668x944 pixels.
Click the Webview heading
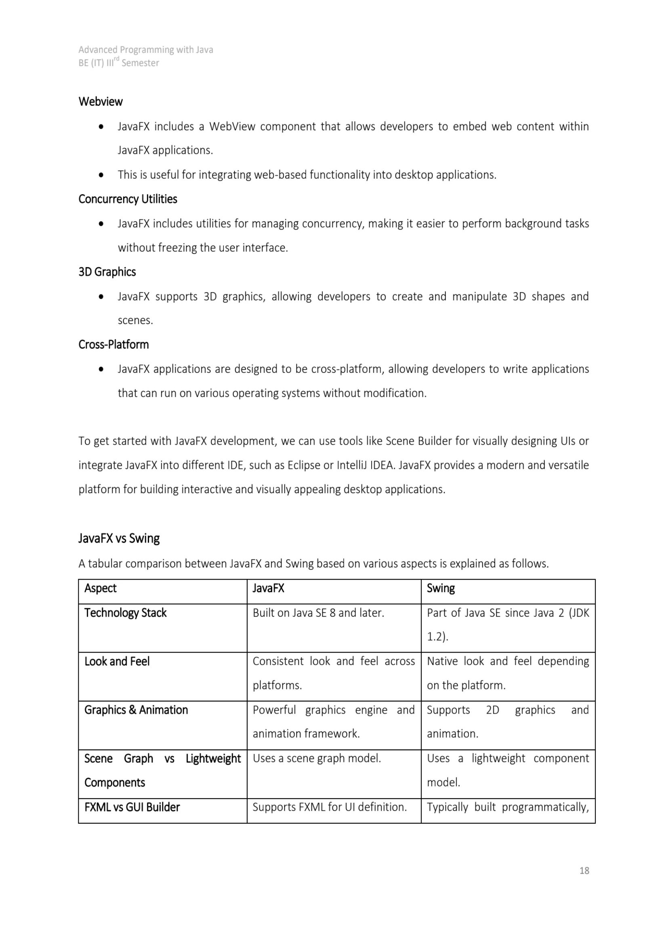tap(101, 102)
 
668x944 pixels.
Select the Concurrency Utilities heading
tap(128, 199)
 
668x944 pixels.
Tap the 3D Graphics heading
tap(107, 272)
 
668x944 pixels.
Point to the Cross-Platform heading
tap(113, 345)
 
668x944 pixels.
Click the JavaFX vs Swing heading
tap(119, 538)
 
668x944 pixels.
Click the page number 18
tap(584, 871)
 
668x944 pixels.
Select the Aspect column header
tap(101, 588)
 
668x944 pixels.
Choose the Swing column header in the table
tap(441, 588)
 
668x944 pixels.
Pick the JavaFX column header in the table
tap(268, 588)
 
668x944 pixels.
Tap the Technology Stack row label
tap(126, 613)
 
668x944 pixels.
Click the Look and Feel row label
tap(117, 661)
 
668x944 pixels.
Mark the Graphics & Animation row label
tap(136, 710)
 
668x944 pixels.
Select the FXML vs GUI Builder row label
tap(132, 807)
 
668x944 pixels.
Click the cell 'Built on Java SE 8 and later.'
tap(318, 613)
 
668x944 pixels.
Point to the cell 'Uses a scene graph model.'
tap(317, 759)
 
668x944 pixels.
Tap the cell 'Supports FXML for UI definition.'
tap(330, 807)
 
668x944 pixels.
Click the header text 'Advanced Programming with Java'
tap(146, 50)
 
